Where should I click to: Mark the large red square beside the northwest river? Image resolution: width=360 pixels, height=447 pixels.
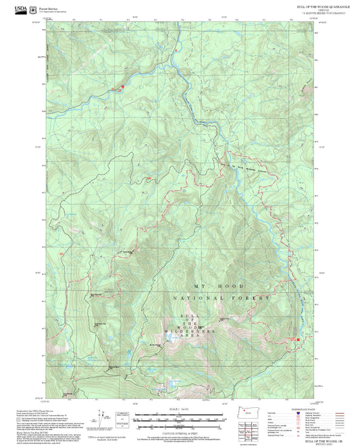coord(122,87)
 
